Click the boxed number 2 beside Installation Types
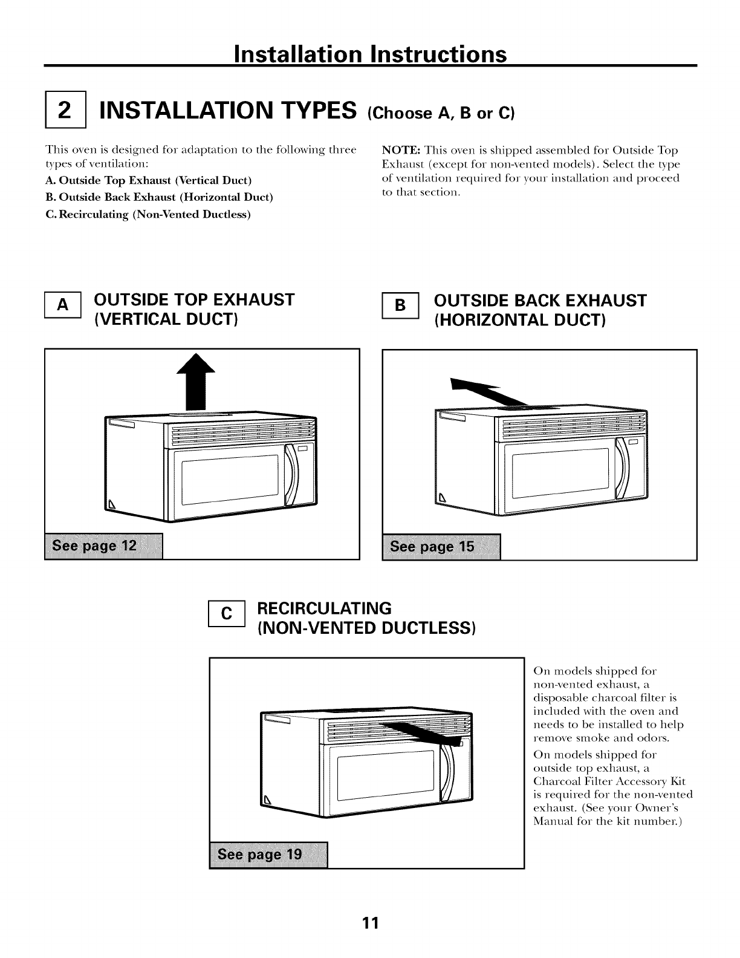click(x=65, y=112)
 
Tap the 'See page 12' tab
click(x=103, y=547)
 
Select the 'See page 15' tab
click(x=441, y=547)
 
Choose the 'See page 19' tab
click(x=268, y=855)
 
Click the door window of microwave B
click(x=560, y=472)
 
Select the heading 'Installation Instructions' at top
click(x=369, y=54)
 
